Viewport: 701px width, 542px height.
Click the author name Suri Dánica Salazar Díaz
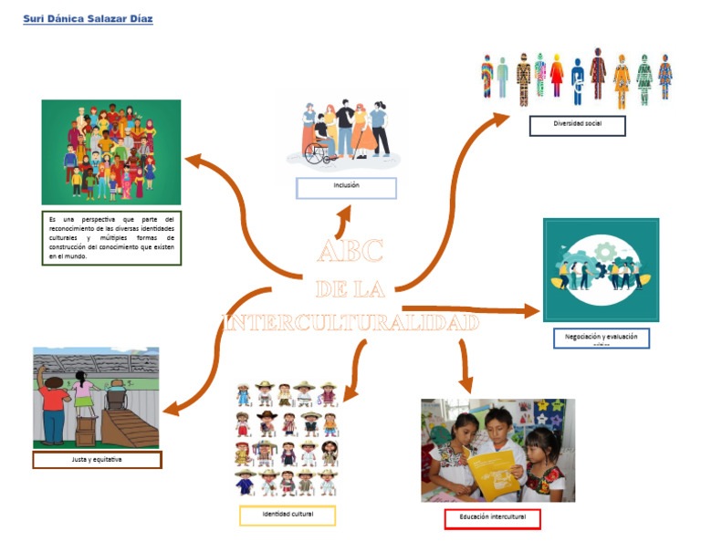tap(88, 19)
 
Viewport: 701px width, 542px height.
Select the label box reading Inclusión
tap(346, 187)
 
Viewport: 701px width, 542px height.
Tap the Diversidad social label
tap(577, 126)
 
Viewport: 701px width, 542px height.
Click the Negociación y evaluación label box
tap(601, 338)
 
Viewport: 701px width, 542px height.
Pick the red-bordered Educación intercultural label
tap(492, 519)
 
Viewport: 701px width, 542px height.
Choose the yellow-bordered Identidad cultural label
tap(288, 516)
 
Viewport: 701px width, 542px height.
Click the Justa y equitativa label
tap(97, 460)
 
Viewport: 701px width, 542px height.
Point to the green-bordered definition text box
tap(111, 238)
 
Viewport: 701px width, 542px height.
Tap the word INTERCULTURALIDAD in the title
tap(351, 323)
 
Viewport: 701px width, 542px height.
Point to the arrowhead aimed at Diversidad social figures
tap(501, 117)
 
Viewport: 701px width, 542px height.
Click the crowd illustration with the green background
tap(111, 151)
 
